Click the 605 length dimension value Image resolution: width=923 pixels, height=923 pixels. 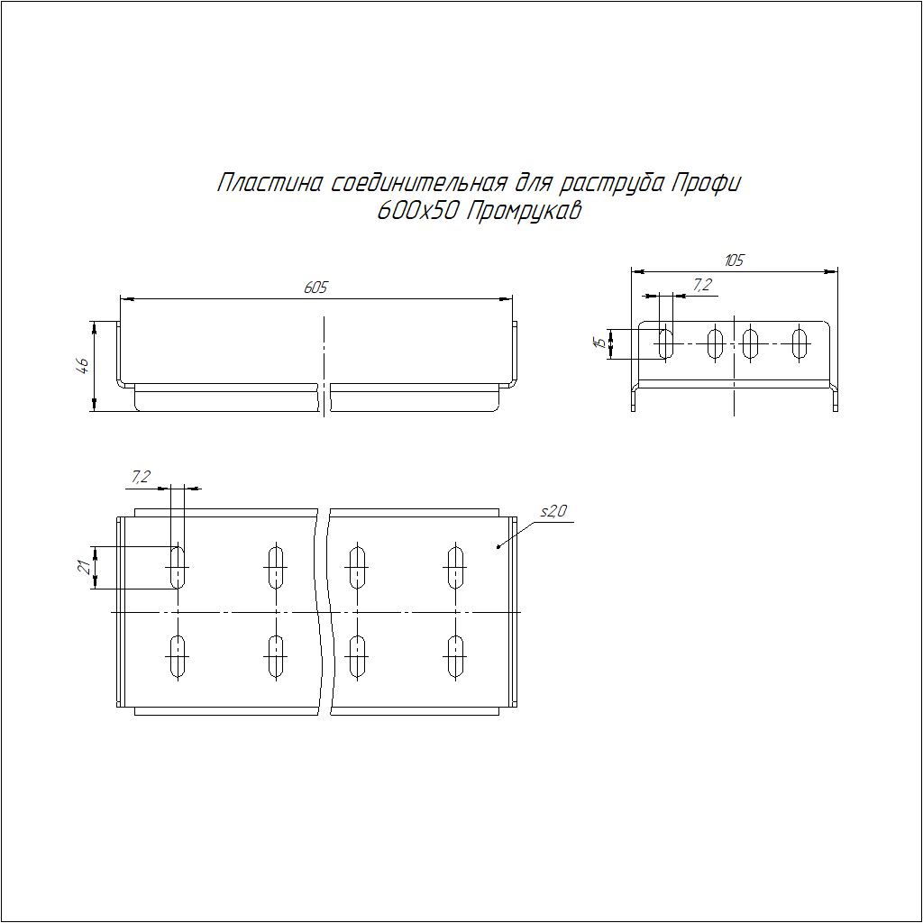(x=315, y=288)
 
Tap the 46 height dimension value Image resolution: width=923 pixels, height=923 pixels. (x=83, y=366)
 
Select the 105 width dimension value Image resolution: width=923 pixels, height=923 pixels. (x=734, y=260)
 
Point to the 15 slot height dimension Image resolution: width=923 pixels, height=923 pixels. (x=599, y=342)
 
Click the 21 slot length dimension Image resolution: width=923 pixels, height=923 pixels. (x=86, y=567)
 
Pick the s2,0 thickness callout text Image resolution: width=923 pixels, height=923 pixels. (x=553, y=511)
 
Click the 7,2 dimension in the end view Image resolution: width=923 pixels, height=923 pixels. (x=702, y=286)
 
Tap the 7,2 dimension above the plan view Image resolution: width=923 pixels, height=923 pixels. (x=141, y=477)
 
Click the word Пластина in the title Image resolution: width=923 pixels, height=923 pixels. (x=270, y=183)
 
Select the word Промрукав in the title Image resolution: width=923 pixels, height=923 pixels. (x=524, y=211)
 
